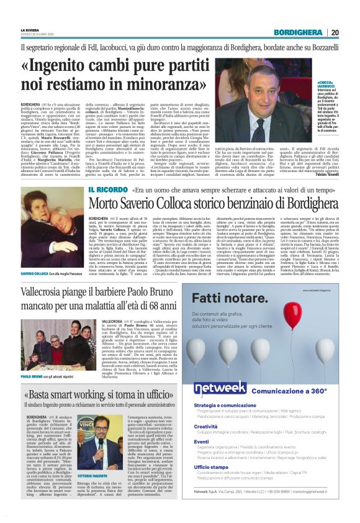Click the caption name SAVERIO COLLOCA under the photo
click(37, 256)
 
